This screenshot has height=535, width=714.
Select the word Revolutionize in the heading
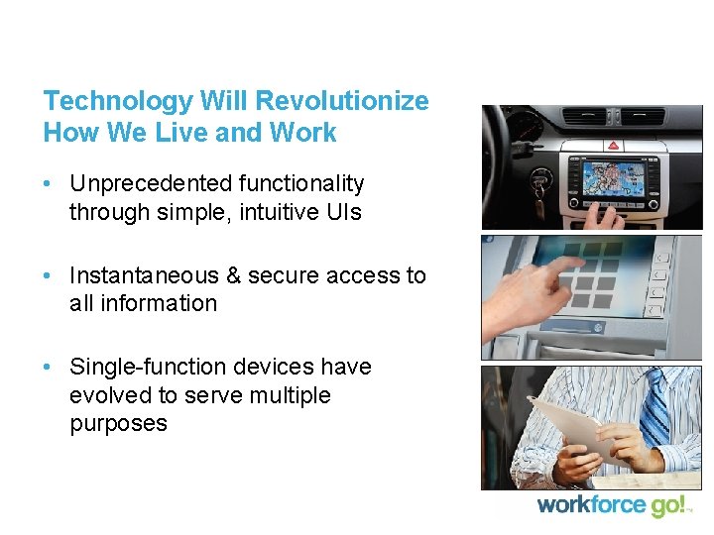(342, 101)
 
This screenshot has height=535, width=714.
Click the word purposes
(118, 424)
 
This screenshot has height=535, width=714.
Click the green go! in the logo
(667, 506)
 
